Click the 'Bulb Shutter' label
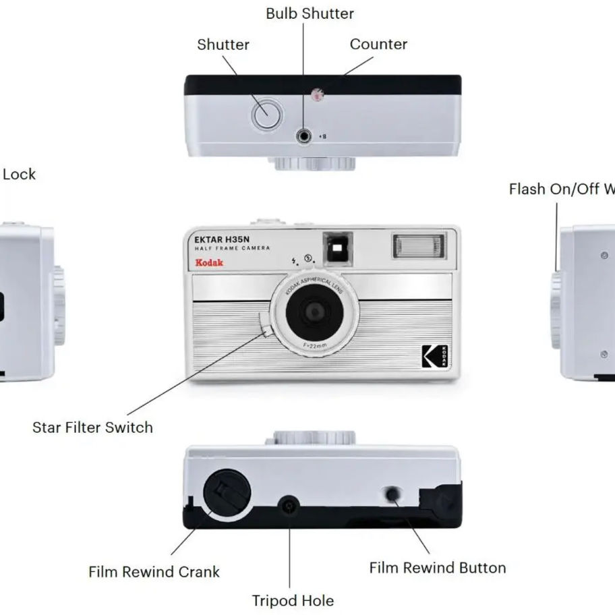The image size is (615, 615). coord(310,13)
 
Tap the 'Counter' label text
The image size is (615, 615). coord(378,45)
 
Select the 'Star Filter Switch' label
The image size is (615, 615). coord(92,428)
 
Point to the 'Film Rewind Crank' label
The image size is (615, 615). coord(154,572)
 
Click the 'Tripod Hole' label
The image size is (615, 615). coord(293,600)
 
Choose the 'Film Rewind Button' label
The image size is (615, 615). coord(437,568)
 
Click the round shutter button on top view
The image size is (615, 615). coord(267,115)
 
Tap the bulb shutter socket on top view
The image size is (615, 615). coord(304,136)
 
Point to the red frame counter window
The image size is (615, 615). coord(316,94)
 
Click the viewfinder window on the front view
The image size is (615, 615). coord(337,248)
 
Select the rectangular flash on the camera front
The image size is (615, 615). coord(418,246)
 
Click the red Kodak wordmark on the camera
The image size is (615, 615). coord(209,262)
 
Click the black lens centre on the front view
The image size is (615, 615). coord(314,312)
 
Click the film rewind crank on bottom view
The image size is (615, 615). coord(227,493)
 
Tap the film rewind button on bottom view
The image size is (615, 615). coord(392,494)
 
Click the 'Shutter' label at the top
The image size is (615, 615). coord(223,45)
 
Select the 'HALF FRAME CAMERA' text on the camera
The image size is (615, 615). coord(232,249)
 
